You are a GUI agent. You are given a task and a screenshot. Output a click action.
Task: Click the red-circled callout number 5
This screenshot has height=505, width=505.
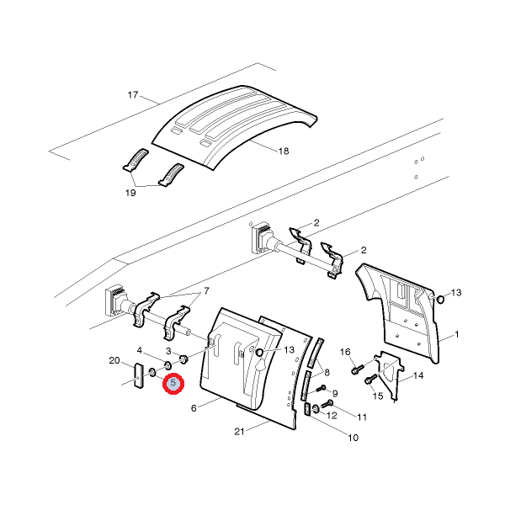(x=173, y=383)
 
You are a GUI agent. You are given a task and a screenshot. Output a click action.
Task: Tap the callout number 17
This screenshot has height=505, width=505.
(x=133, y=94)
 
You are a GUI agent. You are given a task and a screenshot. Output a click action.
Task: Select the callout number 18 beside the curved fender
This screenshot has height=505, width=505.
(x=284, y=151)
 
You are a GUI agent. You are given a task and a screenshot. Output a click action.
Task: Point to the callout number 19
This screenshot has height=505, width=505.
(x=130, y=193)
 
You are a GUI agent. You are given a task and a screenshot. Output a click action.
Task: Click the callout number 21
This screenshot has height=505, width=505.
(x=239, y=431)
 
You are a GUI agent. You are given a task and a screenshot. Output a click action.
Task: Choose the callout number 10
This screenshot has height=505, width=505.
(x=353, y=438)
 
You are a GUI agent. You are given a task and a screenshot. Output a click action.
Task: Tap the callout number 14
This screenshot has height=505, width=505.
(x=418, y=375)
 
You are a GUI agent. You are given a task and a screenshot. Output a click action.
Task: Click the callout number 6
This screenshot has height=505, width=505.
(x=194, y=408)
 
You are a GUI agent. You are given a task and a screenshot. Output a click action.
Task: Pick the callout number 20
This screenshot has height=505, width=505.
(x=114, y=360)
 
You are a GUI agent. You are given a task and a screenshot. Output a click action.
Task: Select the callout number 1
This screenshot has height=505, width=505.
(x=457, y=335)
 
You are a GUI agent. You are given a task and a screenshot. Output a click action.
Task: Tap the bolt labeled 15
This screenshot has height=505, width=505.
(x=370, y=380)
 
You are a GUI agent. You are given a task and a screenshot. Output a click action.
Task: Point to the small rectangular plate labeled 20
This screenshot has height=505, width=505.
(x=139, y=376)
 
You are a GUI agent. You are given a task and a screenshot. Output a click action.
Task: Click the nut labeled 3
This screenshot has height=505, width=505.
(x=183, y=359)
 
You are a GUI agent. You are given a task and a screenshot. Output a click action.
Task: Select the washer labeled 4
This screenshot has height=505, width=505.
(x=167, y=365)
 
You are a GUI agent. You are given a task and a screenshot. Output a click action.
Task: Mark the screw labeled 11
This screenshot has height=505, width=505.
(x=327, y=404)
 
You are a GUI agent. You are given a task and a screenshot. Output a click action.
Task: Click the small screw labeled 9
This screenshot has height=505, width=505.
(x=321, y=388)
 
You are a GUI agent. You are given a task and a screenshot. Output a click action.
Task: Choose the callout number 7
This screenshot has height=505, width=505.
(x=206, y=291)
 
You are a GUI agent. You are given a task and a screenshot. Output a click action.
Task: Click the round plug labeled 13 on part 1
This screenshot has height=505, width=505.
(x=439, y=299)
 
